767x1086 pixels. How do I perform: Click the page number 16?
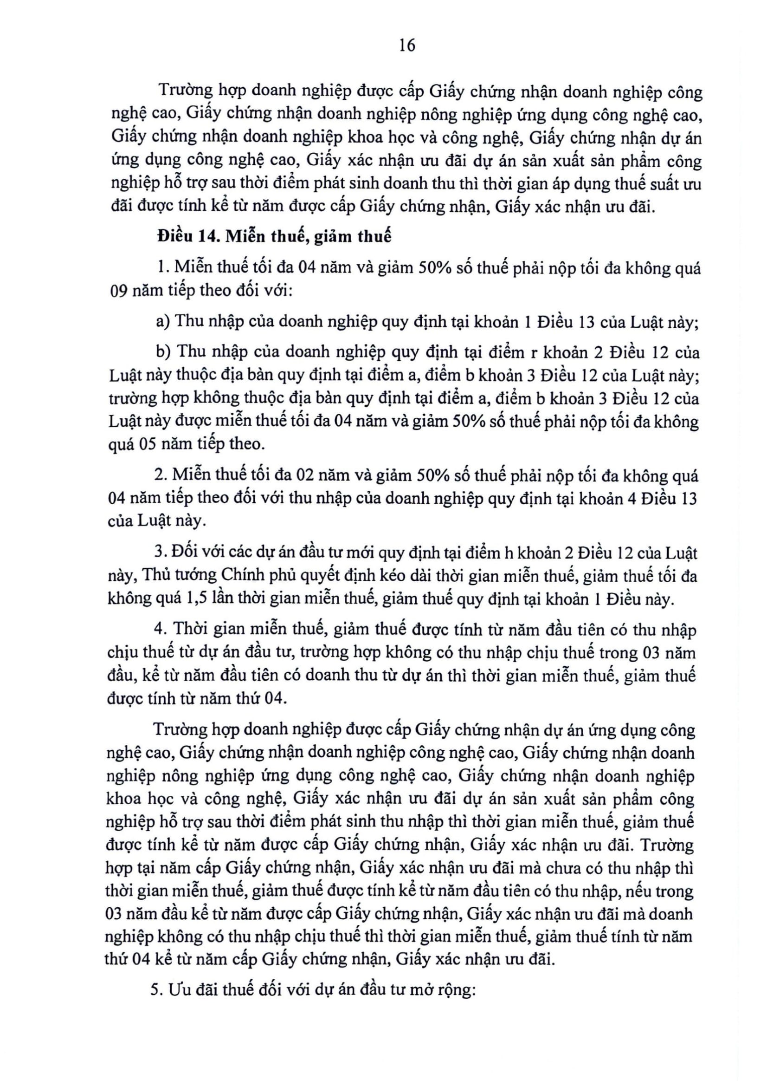[407, 46]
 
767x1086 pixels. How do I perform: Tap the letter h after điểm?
[510, 553]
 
